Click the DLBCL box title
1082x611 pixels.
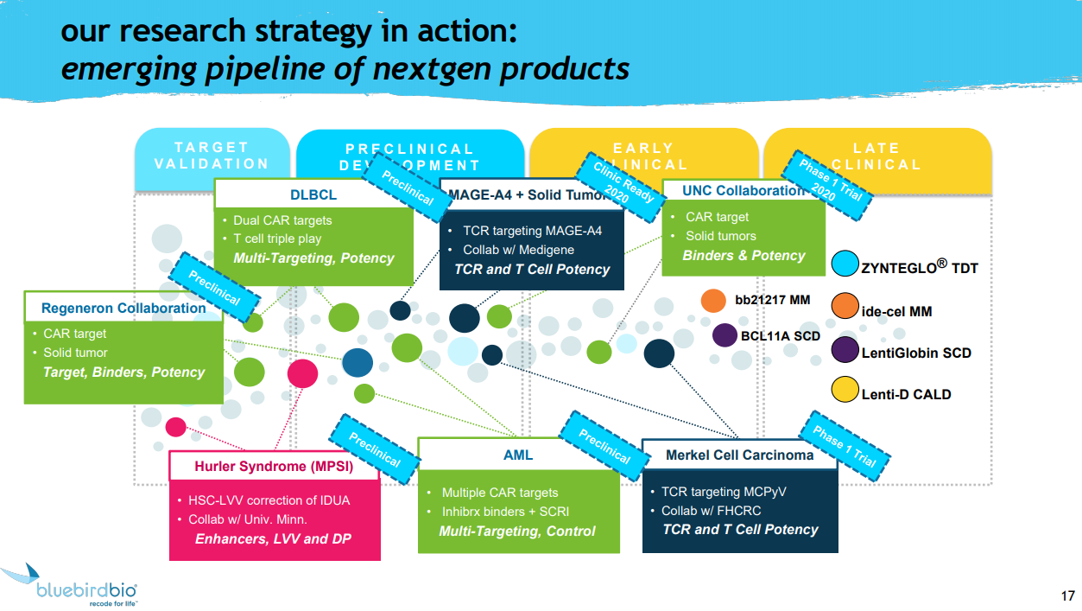pos(313,194)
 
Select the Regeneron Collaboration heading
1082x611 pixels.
pos(123,308)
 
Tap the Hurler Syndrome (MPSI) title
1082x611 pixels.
pos(274,467)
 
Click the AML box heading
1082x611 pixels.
pos(518,455)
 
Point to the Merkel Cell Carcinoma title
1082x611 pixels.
pos(739,455)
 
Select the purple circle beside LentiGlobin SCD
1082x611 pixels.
pos(844,350)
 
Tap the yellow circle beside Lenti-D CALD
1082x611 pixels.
pos(844,391)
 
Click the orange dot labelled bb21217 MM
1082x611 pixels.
pos(713,300)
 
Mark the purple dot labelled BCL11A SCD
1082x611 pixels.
pos(724,335)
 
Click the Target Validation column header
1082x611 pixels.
pos(212,156)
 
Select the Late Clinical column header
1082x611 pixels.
pos(876,156)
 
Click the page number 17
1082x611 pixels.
pos(1067,596)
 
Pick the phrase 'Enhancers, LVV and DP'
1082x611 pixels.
pos(273,539)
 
